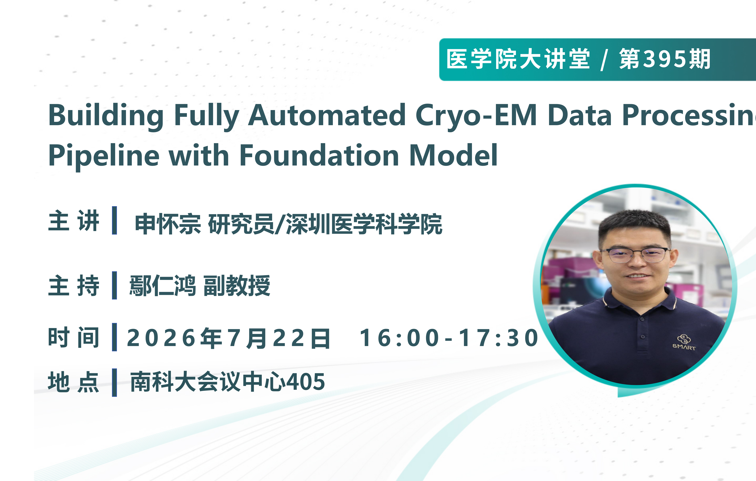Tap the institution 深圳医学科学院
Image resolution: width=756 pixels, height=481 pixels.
click(364, 224)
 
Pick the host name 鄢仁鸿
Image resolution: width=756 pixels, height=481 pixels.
click(163, 285)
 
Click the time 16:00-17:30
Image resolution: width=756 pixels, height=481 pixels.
click(449, 338)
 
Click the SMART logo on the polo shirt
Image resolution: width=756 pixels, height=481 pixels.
click(684, 342)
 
